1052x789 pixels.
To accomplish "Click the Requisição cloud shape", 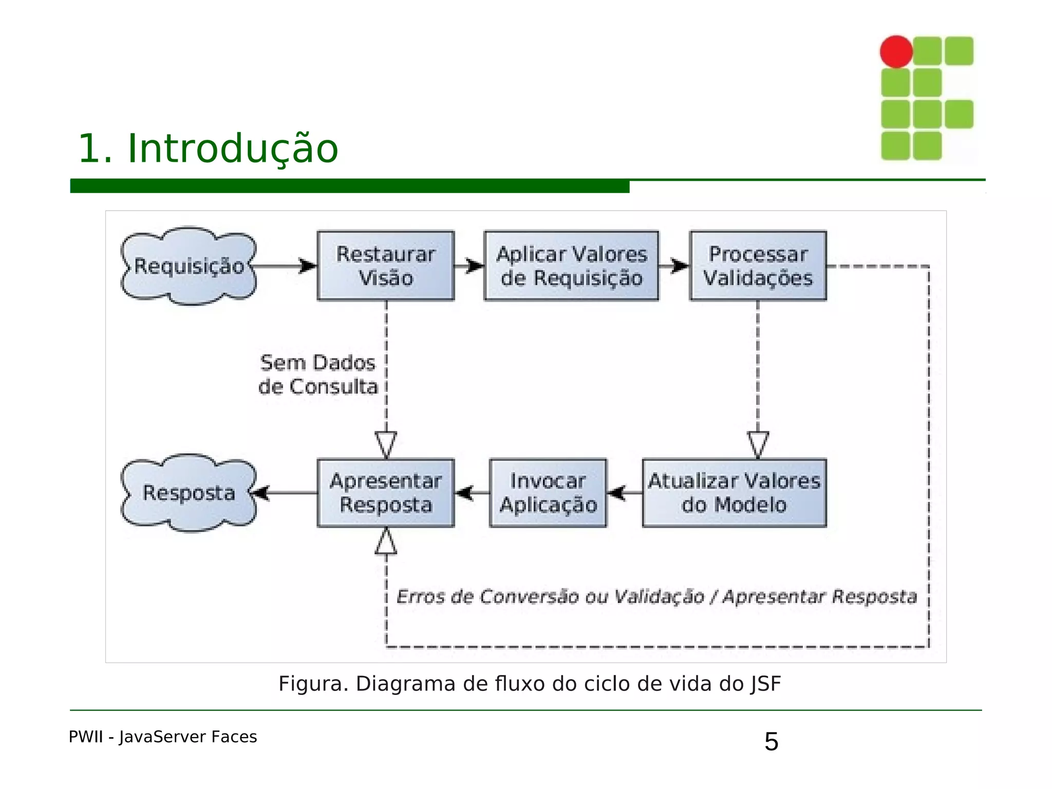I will coord(189,266).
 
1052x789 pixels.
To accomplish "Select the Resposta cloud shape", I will coord(189,493).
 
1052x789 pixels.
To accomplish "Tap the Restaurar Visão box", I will coord(386,266).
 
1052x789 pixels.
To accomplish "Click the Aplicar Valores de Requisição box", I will coord(571,266).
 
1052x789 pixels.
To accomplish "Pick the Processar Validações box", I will coord(758,266).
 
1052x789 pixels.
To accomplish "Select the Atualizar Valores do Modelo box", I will coord(734,493).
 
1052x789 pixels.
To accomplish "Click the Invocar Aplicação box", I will coord(548,493).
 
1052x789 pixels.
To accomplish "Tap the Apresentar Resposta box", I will coord(386,493).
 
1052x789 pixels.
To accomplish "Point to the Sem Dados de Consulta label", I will coord(318,374).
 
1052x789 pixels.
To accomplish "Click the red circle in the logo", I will coord(896,51).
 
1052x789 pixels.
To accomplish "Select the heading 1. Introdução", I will coord(208,148).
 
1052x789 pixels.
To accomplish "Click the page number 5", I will coord(771,742).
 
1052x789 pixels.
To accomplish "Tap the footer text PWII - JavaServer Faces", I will coord(163,737).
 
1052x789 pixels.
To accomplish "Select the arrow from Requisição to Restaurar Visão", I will coord(286,266).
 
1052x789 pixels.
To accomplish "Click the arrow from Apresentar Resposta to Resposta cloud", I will coord(285,493).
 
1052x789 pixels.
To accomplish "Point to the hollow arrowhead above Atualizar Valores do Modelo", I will coord(758,444).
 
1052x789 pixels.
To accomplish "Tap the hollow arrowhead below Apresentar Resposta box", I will coord(386,542).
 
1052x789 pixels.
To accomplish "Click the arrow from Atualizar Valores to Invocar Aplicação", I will coord(624,493).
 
